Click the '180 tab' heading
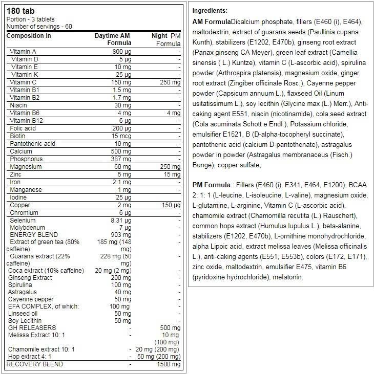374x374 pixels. pos(19,11)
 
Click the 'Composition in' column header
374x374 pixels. pos(29,36)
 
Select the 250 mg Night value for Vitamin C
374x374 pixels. pos(170,82)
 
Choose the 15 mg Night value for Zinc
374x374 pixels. pos(172,174)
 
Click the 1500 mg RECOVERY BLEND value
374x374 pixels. pos(169,364)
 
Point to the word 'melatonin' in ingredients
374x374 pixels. pos(289,277)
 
